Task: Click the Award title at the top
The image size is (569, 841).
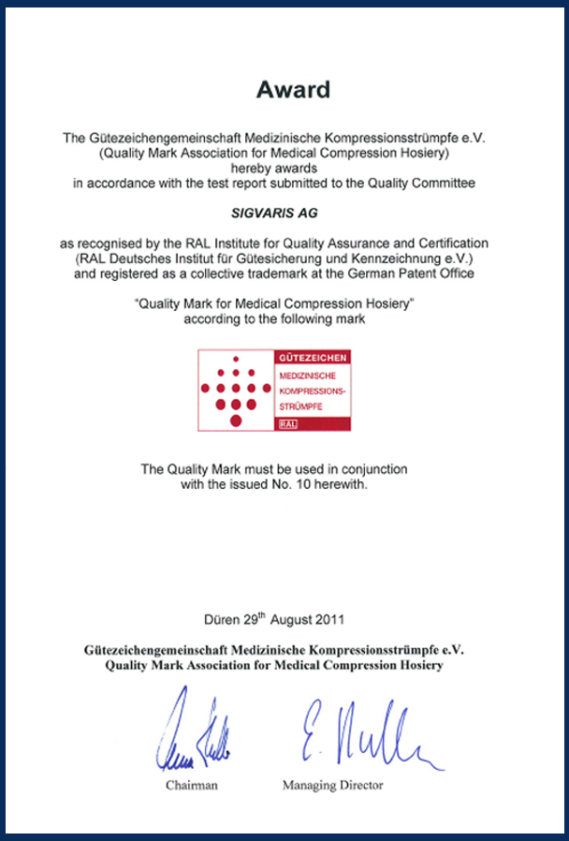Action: point(294,90)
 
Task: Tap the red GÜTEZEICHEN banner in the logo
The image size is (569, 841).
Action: point(313,358)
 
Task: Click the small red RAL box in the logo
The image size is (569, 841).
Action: point(287,424)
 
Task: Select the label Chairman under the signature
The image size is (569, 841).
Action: point(192,785)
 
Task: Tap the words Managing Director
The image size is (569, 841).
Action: point(332,785)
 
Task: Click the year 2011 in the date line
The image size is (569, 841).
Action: point(331,620)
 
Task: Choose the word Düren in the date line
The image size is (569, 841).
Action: point(221,620)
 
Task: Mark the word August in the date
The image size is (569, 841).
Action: point(294,620)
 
